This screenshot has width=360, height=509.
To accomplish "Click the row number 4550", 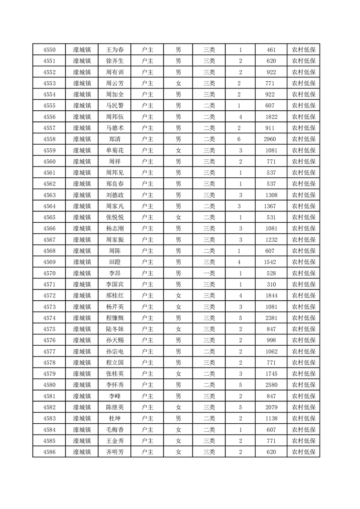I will point(49,50).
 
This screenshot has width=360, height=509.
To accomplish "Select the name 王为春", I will point(114,50).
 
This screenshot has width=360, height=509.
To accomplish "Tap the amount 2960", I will point(271,139).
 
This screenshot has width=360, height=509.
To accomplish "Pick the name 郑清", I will point(114,139).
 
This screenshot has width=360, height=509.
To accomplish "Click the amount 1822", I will point(271,117).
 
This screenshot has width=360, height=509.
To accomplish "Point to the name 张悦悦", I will point(114,217).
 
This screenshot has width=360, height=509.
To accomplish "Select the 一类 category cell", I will point(209,273).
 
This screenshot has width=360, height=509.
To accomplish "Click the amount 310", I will point(271,284).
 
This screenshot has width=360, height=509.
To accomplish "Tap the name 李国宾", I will point(114,284).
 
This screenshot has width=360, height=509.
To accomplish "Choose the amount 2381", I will point(271,318).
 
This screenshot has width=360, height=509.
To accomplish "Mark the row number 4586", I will point(49,452).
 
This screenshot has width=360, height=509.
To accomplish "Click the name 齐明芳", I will point(114,452).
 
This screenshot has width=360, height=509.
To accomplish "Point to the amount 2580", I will point(271,385).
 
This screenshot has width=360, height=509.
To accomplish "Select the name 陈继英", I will point(114,407).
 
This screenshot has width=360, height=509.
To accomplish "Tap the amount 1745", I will point(271,374).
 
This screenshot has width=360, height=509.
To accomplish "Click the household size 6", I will point(240,139).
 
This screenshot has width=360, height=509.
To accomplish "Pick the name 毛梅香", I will point(114,430).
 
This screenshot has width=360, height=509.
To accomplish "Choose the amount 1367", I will point(271,206).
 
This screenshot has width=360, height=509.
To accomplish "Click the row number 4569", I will point(49,262).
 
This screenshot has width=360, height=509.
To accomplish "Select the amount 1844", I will point(271,296).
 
